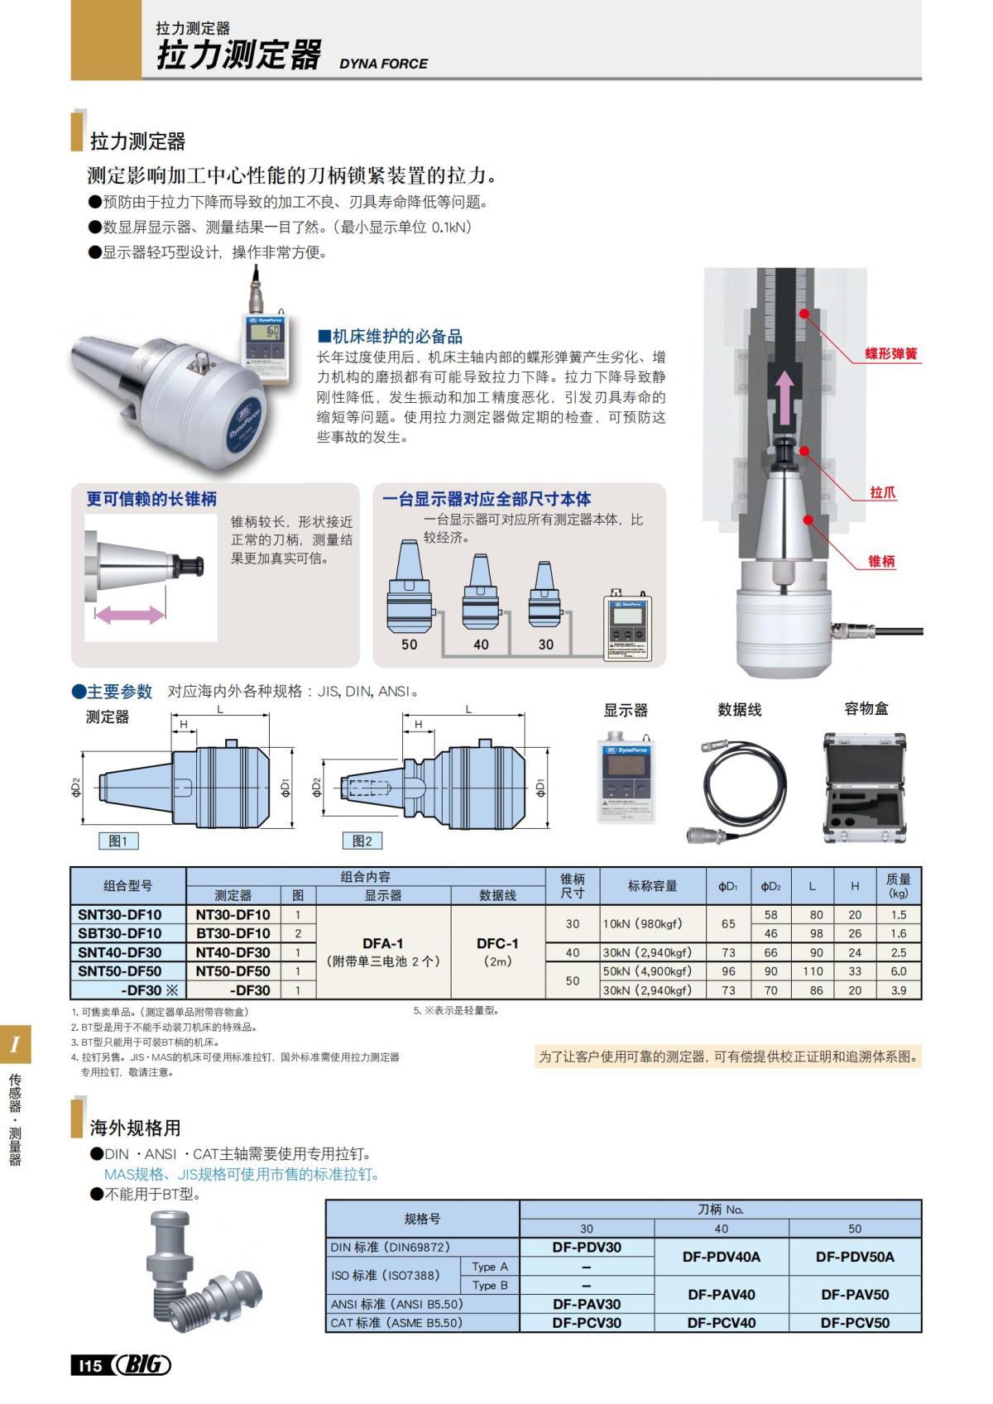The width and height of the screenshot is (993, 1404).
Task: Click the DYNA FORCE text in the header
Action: tap(383, 64)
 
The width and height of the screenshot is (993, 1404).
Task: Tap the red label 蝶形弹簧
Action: tap(891, 353)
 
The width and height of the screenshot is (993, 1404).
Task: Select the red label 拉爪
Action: tap(882, 492)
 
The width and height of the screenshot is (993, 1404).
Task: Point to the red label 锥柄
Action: tap(881, 561)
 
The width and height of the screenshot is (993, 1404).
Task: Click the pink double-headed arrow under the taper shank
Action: tap(130, 615)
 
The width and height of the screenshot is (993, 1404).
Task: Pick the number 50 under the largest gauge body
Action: tap(410, 644)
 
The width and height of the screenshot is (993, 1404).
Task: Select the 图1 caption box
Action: tap(118, 841)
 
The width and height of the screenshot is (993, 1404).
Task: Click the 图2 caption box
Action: tap(362, 841)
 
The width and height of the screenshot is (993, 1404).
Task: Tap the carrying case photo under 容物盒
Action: tap(865, 787)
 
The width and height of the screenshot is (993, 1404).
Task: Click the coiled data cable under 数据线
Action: tap(739, 786)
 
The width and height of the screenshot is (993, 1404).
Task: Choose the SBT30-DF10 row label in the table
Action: tap(120, 933)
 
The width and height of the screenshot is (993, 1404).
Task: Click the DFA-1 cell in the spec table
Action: tap(383, 943)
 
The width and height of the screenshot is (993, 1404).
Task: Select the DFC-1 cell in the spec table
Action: tap(497, 943)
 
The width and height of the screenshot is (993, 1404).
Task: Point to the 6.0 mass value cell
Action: tap(898, 971)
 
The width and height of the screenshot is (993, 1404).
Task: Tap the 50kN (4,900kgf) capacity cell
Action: tap(653, 971)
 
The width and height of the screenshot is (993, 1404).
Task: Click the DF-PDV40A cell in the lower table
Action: tap(721, 1257)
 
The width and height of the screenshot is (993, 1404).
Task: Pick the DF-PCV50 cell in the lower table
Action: tap(855, 1322)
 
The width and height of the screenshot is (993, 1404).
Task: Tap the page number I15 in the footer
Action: tap(90, 1365)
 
